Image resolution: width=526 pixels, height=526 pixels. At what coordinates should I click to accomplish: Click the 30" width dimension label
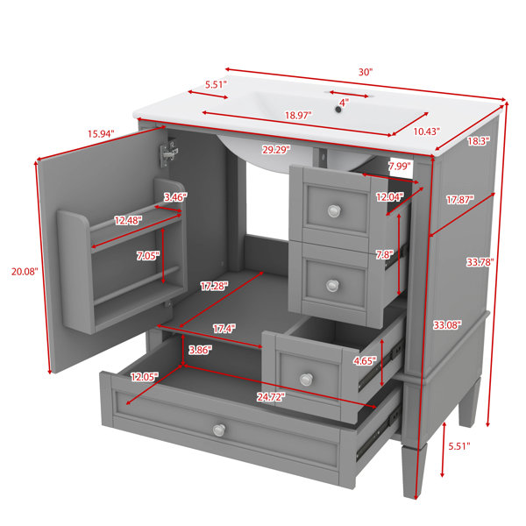coord(366,72)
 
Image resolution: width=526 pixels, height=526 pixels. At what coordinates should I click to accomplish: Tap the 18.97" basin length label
coord(298,116)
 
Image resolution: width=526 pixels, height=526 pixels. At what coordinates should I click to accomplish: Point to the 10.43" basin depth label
coord(426,131)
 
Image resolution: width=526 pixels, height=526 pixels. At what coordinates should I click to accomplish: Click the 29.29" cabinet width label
coord(276,150)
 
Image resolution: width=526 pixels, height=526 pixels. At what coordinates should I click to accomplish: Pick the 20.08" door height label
coord(25,272)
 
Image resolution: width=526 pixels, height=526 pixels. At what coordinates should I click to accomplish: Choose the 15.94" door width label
coord(101,134)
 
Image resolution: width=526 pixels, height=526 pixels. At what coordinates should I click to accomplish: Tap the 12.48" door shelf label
coord(128,220)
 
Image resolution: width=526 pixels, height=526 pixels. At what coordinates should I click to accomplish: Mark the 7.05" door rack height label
coord(148,256)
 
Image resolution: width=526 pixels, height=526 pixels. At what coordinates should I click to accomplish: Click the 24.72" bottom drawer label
coord(271,397)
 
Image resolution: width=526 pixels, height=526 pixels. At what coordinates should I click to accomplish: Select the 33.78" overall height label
coord(480,262)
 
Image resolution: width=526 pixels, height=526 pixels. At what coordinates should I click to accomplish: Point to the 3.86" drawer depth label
coord(200,350)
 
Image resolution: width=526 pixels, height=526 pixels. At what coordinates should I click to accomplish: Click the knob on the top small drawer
coord(334,210)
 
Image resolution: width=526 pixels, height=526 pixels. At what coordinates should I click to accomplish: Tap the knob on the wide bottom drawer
coord(219,430)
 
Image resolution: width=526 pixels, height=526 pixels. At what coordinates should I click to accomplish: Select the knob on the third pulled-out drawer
coord(306,380)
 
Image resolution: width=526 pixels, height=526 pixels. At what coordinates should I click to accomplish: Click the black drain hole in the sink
coord(338,110)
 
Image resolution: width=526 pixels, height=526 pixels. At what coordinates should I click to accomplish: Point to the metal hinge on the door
coord(168,153)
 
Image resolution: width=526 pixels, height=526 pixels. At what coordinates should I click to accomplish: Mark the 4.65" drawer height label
coord(365,361)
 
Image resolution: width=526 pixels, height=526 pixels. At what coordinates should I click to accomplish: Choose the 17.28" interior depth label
coord(214,286)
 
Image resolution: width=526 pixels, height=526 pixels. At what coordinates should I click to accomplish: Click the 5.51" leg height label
coord(459,446)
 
